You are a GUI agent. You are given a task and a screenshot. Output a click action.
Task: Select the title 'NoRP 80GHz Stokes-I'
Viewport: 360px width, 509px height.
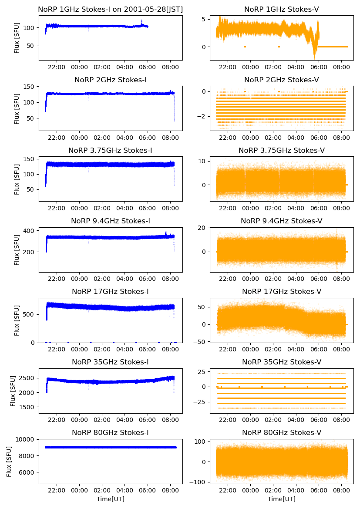pyautogui.click(x=110, y=432)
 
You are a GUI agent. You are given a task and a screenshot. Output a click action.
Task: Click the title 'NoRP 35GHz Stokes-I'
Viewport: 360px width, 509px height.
pyautogui.click(x=110, y=362)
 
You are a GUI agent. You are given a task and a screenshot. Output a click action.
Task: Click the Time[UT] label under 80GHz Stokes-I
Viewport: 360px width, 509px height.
pyautogui.click(x=110, y=499)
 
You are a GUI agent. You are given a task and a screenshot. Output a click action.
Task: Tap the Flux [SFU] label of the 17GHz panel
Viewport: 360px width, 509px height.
pyautogui.click(x=17, y=320)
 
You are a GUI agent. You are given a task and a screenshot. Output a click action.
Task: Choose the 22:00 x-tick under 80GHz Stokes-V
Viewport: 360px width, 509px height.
pyautogui.click(x=228, y=490)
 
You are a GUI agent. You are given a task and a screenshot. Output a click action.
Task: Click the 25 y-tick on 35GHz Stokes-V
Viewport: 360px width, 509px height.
pyautogui.click(x=202, y=372)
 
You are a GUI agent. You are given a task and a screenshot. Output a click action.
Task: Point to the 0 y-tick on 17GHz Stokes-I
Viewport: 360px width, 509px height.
pyautogui.click(x=33, y=343)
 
